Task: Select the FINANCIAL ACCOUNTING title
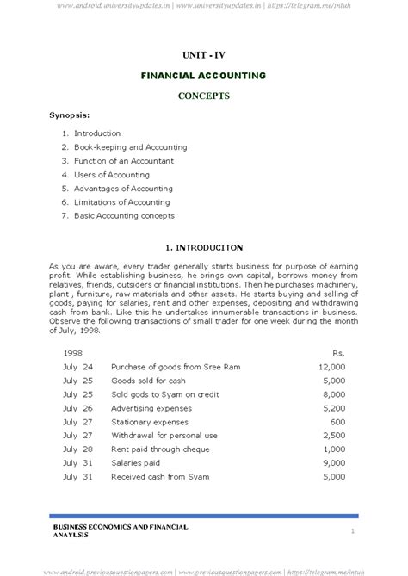click(x=204, y=76)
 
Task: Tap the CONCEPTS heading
click(x=204, y=96)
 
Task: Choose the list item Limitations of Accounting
click(x=122, y=202)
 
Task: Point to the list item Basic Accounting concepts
click(x=124, y=216)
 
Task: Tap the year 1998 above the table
click(x=73, y=353)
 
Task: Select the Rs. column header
click(x=338, y=353)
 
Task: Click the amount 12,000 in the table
click(x=331, y=367)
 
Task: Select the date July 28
click(x=77, y=449)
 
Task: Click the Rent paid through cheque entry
click(x=160, y=449)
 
